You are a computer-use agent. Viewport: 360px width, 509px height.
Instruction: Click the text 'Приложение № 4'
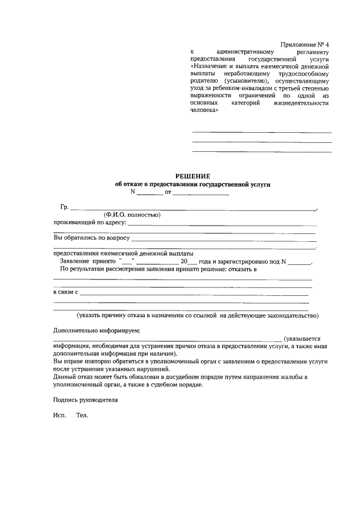click(306, 44)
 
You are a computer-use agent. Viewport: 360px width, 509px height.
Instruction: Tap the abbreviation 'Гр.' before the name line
click(64, 207)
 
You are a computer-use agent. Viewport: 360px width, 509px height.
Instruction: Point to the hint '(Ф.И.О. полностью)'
click(132, 215)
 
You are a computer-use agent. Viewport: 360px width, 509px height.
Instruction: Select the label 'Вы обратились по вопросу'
click(92, 238)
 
